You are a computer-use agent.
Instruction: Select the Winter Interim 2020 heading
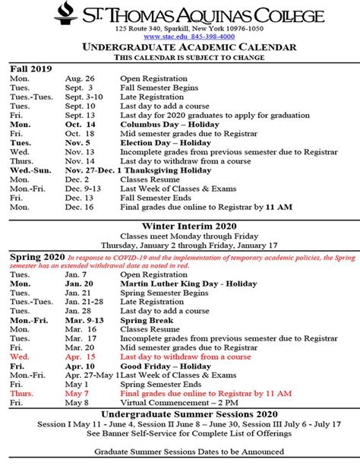(179, 226)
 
